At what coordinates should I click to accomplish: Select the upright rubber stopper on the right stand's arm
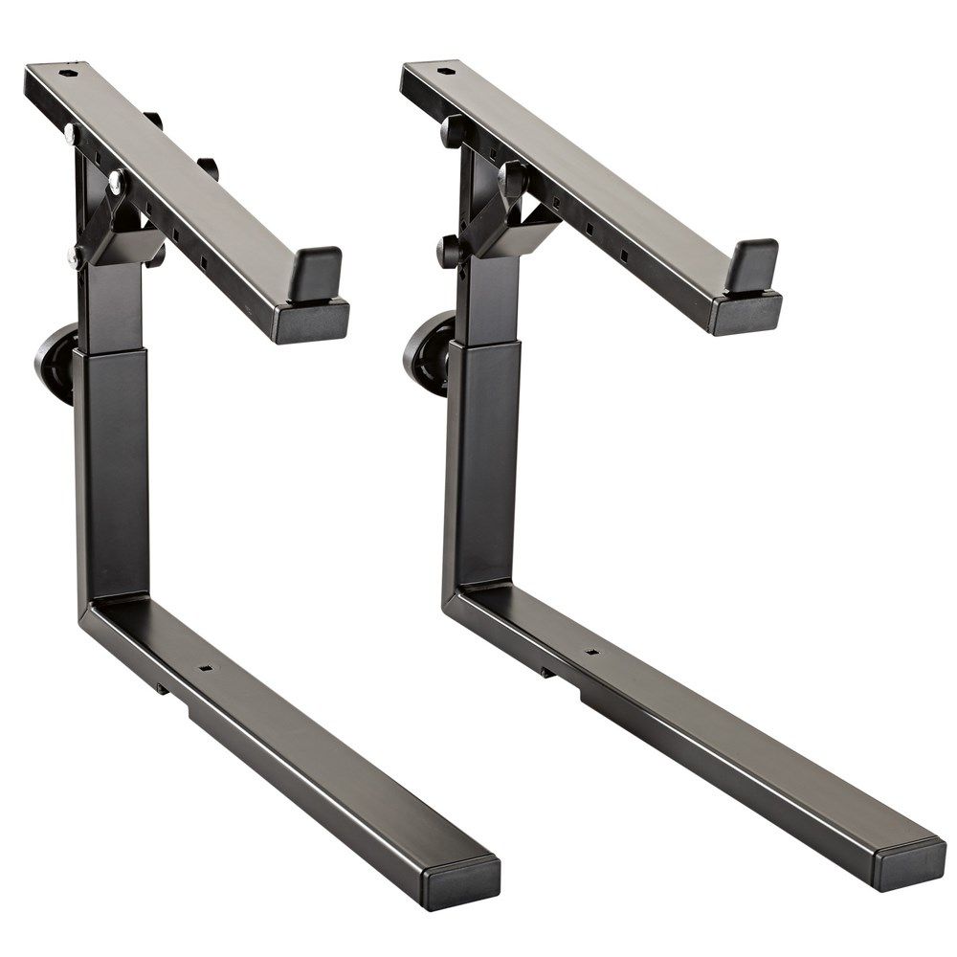click(x=751, y=264)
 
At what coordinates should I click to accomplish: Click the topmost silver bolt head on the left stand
click(x=70, y=133)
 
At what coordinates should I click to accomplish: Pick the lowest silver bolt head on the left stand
click(x=73, y=256)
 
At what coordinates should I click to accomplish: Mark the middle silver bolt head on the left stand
click(x=116, y=178)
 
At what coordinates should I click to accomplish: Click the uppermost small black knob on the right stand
click(x=453, y=129)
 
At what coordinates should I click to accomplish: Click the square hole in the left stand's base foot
click(x=204, y=671)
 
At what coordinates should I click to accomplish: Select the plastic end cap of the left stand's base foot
click(x=463, y=874)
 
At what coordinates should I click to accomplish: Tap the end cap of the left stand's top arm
click(x=311, y=321)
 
